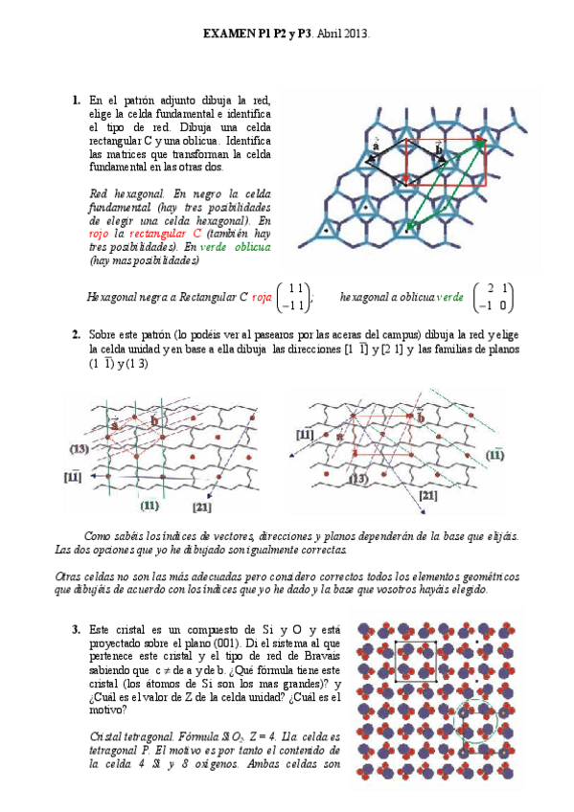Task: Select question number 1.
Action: coord(76,100)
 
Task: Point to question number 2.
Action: coord(76,334)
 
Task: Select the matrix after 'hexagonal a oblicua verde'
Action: coord(495,298)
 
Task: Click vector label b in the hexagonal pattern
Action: coord(439,148)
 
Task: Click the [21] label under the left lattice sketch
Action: coord(201,506)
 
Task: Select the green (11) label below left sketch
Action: coord(149,505)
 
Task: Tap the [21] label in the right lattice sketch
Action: coord(428,495)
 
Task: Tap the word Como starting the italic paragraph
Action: coord(99,536)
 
